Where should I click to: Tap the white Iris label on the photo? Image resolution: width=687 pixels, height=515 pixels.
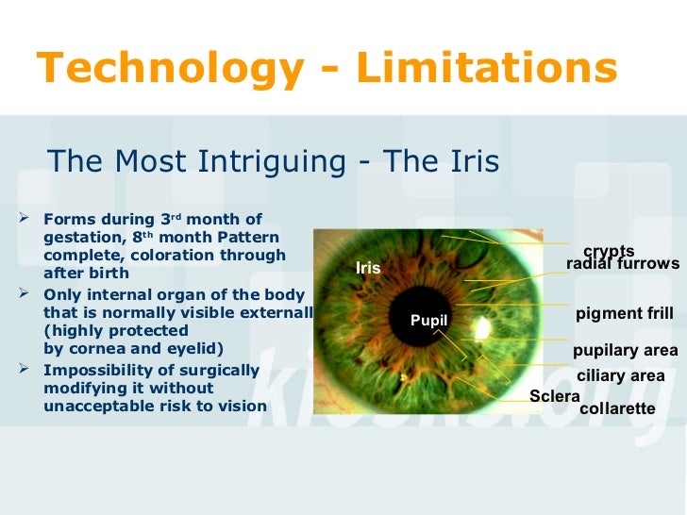click(x=368, y=269)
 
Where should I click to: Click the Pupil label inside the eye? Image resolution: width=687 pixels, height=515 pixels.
click(x=428, y=322)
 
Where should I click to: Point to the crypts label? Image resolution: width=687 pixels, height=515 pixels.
click(x=609, y=251)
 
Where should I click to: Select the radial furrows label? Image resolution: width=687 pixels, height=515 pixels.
click(x=622, y=264)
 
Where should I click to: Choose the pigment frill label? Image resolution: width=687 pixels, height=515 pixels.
click(x=624, y=313)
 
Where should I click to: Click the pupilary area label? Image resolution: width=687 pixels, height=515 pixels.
click(x=625, y=351)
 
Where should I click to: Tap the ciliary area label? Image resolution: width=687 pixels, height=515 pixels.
click(x=620, y=375)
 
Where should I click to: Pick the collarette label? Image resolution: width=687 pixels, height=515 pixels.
click(x=616, y=408)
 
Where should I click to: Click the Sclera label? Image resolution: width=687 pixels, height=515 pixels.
click(x=554, y=396)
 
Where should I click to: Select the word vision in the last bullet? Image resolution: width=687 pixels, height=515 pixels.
click(x=241, y=407)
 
